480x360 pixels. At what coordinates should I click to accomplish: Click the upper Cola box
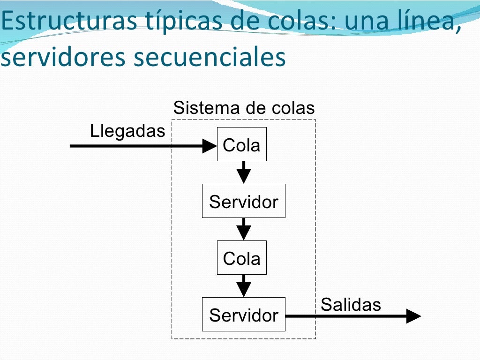(241, 144)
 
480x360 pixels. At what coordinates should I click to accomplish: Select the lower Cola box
(241, 258)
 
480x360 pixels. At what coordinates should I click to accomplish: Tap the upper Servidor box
(243, 201)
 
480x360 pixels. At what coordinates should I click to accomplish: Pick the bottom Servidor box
(243, 315)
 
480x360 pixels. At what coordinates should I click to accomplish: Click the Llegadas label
(127, 131)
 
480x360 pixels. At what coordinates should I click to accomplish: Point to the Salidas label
(351, 305)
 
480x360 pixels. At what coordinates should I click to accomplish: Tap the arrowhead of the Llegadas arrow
(209, 146)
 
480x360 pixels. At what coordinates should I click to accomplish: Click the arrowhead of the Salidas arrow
(413, 316)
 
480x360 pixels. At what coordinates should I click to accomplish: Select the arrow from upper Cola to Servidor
(243, 172)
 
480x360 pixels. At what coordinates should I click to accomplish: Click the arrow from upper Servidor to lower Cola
(243, 229)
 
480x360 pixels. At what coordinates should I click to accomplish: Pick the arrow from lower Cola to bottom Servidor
(243, 285)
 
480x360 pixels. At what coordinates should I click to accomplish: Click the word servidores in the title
(63, 57)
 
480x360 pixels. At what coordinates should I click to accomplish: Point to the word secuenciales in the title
(210, 57)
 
